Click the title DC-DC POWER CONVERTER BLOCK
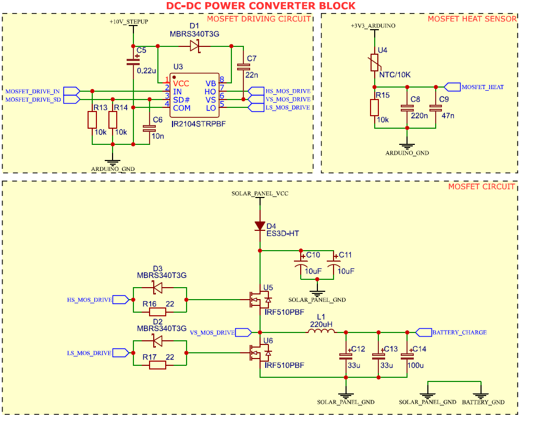[x=261, y=6]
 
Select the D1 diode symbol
[x=194, y=46]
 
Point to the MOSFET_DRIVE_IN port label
[x=32, y=91]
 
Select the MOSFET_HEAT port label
[x=483, y=87]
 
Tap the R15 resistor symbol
[x=374, y=108]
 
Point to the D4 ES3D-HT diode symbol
[x=260, y=226]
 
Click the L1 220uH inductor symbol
[x=321, y=332]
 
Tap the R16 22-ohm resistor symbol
[x=157, y=312]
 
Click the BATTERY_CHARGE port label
[x=459, y=332]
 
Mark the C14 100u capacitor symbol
[x=406, y=356]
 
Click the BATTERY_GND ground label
[x=483, y=402]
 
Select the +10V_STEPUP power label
[x=129, y=22]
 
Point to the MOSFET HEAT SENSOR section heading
[x=472, y=19]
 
